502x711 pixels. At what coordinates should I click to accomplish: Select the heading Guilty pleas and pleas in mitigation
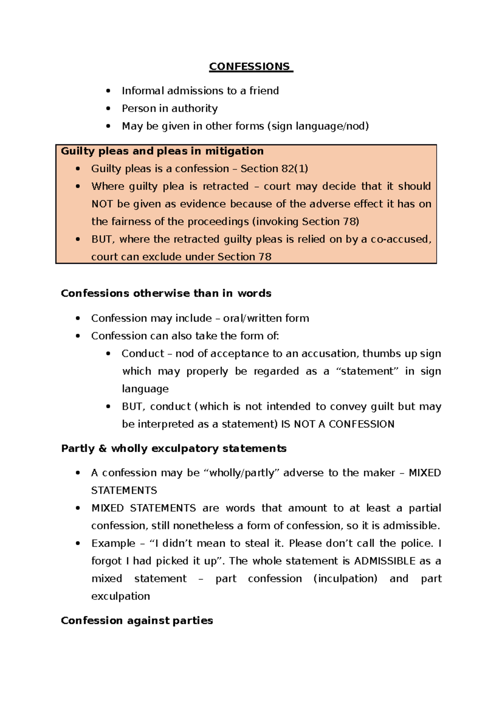(x=162, y=151)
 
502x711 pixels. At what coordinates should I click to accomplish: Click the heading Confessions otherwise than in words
(x=166, y=293)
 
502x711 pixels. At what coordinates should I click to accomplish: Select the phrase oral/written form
(x=266, y=318)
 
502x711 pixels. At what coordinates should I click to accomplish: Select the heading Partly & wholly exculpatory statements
(x=174, y=448)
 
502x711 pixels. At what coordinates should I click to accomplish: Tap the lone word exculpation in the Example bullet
(x=120, y=596)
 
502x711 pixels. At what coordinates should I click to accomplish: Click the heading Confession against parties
(x=137, y=621)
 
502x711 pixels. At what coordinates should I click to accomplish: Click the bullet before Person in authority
(x=108, y=108)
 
